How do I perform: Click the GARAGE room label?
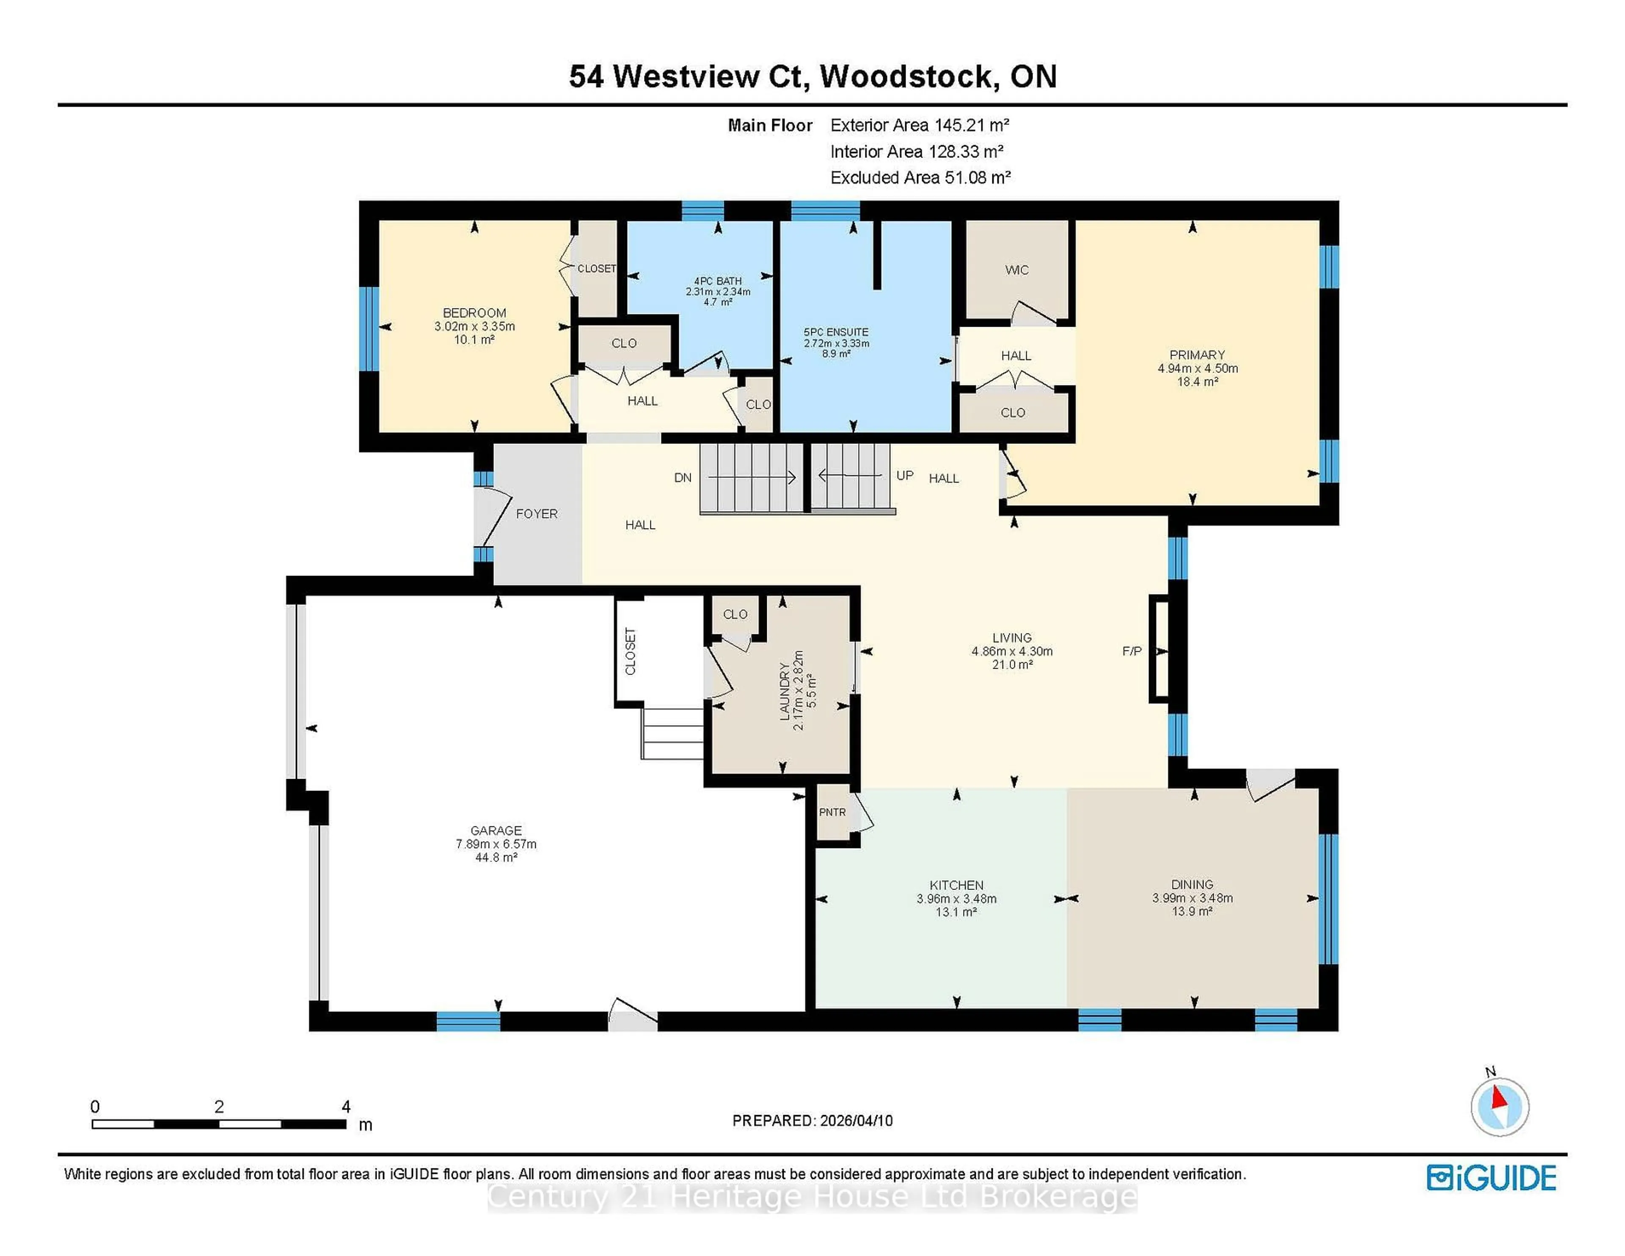click(496, 830)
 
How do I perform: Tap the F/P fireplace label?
click(1131, 651)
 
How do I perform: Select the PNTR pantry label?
click(832, 812)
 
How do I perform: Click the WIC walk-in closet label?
click(1016, 270)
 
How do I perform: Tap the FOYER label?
click(537, 513)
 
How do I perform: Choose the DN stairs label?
click(682, 478)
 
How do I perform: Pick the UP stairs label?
click(904, 476)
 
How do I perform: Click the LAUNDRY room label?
click(783, 691)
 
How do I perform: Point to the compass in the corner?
click(1499, 1107)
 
